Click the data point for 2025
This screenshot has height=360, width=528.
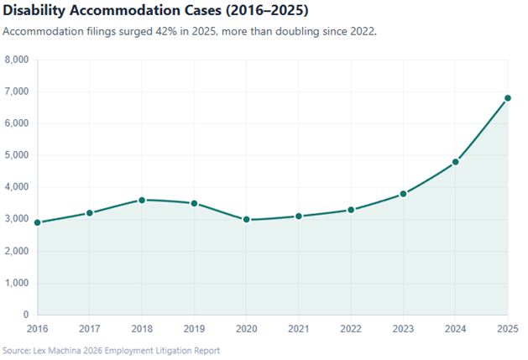508,98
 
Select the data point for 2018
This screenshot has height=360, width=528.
142,200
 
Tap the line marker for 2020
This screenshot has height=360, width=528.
247,219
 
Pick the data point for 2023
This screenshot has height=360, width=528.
403,194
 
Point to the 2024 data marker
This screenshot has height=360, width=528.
456,162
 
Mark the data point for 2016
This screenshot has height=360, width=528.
37,222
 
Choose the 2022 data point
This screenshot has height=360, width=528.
351,210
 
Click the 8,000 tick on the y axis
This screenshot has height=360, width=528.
17,60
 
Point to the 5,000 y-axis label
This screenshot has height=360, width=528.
17,155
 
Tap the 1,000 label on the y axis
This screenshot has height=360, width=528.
17,283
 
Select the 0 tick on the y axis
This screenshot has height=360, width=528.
26,315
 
